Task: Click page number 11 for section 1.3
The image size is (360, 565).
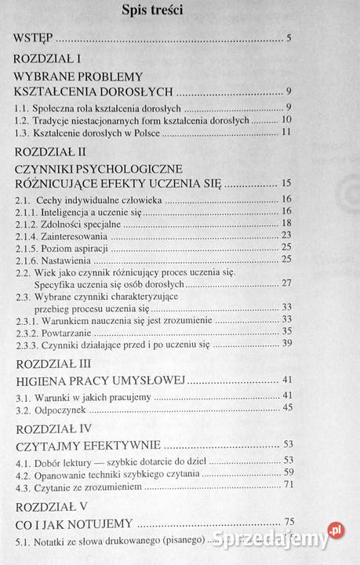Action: (x=286, y=130)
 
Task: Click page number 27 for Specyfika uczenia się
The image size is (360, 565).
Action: (x=286, y=282)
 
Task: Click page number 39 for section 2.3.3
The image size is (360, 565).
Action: (x=286, y=344)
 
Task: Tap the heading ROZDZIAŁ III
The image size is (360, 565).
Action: (x=55, y=363)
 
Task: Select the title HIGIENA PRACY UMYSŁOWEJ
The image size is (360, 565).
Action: (x=100, y=381)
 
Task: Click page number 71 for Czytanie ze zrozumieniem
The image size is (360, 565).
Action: (x=286, y=485)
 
